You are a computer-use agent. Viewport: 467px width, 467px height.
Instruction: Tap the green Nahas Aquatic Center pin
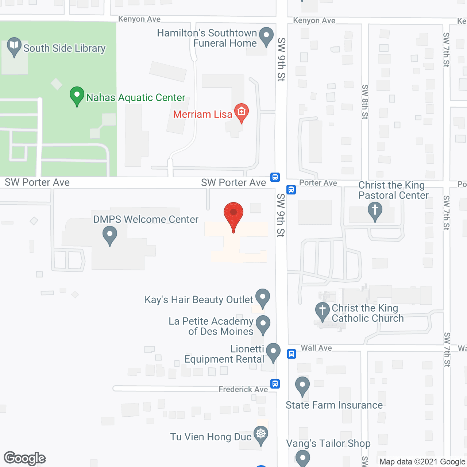[x=77, y=96]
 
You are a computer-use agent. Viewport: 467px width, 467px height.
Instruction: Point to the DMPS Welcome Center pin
[x=110, y=235]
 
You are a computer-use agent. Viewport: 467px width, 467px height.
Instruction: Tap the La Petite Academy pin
[x=263, y=324]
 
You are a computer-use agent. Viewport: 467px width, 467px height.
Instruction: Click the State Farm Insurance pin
[x=302, y=386]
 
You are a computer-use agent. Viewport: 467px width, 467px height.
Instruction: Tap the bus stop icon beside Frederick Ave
[x=275, y=384]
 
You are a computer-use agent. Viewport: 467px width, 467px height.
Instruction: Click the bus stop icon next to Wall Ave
[x=292, y=354]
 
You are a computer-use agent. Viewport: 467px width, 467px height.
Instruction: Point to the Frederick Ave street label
[x=243, y=389]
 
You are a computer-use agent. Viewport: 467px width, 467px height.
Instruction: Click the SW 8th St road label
[x=365, y=102]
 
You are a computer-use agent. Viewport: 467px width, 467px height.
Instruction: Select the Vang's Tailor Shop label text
[x=328, y=443]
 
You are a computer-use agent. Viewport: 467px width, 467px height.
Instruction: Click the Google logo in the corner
[x=25, y=458]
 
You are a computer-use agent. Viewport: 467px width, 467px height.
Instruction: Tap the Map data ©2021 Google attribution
[x=422, y=462]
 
